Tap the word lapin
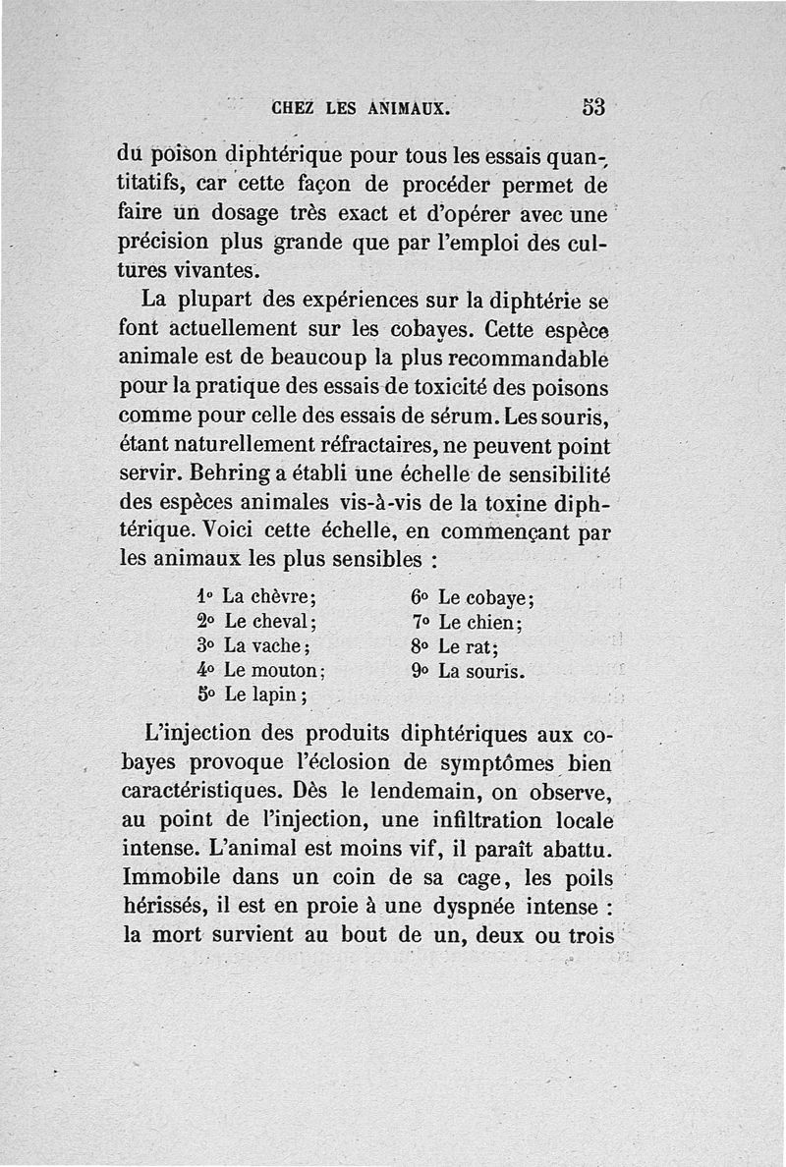(280, 695)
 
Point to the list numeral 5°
(205, 695)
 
